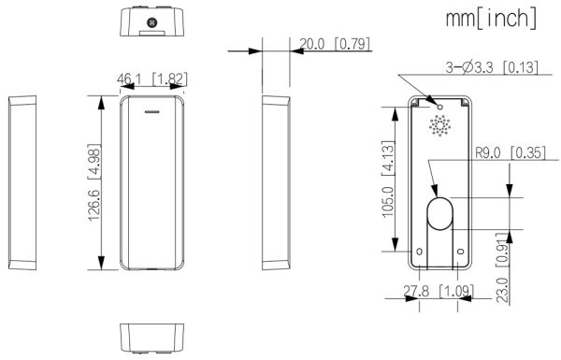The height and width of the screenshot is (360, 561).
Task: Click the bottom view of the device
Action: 153,337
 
